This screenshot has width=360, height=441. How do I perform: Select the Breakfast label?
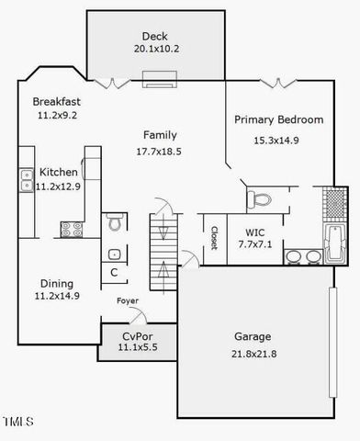tap(58, 101)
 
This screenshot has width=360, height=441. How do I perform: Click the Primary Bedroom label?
tap(278, 119)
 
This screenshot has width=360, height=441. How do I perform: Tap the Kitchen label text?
tap(58, 173)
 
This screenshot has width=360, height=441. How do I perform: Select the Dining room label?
tap(57, 283)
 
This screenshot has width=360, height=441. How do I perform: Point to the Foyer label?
tap(128, 301)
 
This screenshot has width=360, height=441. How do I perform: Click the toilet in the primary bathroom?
tap(258, 198)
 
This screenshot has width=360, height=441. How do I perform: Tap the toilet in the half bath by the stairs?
tap(115, 222)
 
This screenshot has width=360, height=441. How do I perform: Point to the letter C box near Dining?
tap(115, 272)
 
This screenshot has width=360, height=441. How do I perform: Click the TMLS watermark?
tap(17, 422)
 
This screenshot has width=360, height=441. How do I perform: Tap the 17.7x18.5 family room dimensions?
tap(159, 150)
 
